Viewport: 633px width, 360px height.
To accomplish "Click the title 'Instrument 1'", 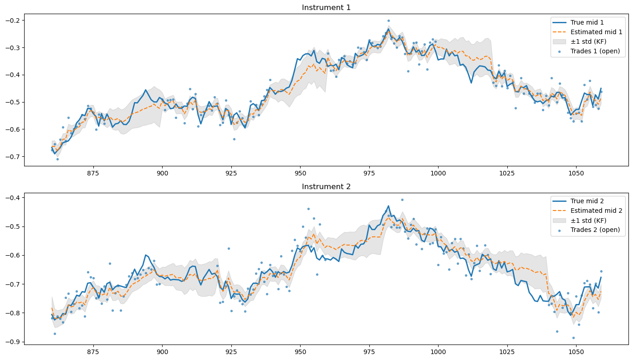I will coord(326,7).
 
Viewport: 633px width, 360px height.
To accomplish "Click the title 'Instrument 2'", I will coord(326,186).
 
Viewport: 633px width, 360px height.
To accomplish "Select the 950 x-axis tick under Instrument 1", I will coord(300,173).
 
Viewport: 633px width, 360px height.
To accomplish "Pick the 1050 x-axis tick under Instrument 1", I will coord(576,173).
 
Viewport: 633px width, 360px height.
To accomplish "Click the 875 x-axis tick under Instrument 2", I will coord(93,352).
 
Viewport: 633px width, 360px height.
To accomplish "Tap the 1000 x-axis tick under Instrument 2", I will coord(438,352).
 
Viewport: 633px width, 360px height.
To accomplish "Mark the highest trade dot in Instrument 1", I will coord(388,21).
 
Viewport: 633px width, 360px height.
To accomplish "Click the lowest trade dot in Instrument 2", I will coord(573,338).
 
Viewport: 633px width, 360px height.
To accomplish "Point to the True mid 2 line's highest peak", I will coord(388,206).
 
